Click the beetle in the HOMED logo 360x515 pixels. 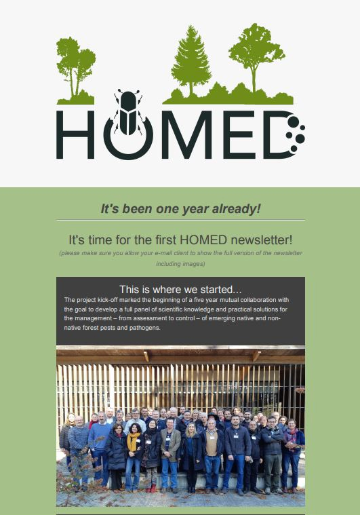(128, 113)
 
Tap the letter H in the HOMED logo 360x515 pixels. (75, 134)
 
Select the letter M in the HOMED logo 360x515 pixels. (186, 134)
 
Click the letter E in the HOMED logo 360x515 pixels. (239, 134)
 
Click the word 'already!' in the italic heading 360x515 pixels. (237, 209)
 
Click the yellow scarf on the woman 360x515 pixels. (132, 441)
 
